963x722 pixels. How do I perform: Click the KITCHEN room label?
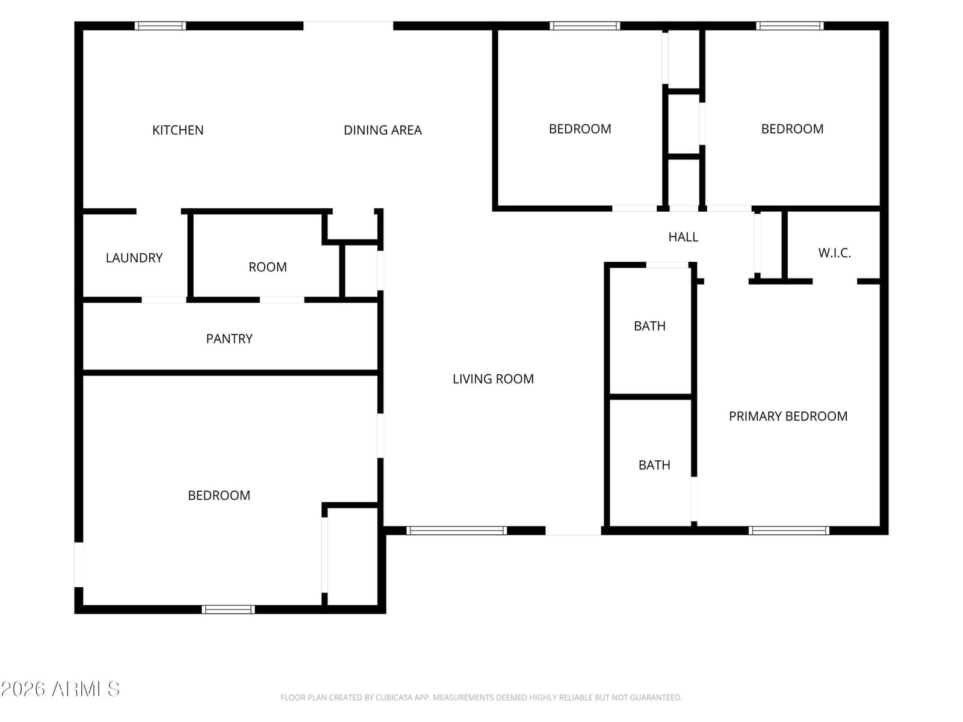point(178,130)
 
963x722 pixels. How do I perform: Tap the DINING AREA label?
point(383,130)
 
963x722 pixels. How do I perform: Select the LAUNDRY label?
point(134,258)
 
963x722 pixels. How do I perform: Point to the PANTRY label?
point(229,339)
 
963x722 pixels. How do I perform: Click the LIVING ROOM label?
point(493,379)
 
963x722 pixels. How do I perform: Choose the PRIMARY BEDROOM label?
point(788,416)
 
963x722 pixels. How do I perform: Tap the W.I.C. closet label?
point(834,253)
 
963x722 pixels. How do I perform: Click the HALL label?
point(683,237)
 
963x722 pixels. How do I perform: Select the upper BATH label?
point(650,326)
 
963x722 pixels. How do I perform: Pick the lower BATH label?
point(654,465)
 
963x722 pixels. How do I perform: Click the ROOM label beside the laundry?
point(268,267)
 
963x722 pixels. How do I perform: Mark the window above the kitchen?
point(160,26)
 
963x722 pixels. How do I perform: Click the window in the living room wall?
point(456,531)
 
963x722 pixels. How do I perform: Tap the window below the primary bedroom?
point(788,531)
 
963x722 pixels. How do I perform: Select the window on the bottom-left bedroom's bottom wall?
point(228,609)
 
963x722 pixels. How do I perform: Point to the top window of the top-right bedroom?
point(790,26)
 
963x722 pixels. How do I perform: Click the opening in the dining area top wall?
point(348,26)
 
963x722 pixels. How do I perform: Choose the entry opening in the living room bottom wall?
point(573,531)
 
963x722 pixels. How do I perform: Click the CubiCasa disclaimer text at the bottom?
point(481,697)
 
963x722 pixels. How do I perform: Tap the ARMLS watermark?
point(60,690)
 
